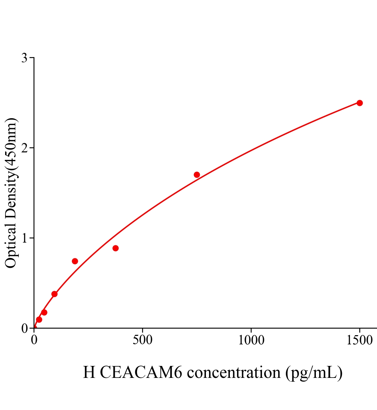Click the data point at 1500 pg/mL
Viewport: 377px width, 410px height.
coord(359,103)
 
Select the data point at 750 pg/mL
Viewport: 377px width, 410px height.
coord(197,175)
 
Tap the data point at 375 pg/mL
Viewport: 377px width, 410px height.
coord(115,248)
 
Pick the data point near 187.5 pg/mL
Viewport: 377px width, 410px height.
coord(75,261)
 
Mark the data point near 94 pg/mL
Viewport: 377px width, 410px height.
coord(54,294)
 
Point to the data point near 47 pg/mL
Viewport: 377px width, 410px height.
coord(44,312)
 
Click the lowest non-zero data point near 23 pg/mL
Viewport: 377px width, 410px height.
coord(39,319)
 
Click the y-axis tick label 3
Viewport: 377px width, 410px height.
coord(25,58)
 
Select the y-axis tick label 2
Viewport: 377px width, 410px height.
coord(25,148)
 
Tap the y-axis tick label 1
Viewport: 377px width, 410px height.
coord(25,238)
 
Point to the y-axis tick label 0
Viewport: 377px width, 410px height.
coord(25,328)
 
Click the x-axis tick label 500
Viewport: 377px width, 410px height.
coord(142,340)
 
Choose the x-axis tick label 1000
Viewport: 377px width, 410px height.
coord(251,340)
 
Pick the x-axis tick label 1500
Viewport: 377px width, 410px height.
coord(359,340)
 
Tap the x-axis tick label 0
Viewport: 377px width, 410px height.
coord(34,340)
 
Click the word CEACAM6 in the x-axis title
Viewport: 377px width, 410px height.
coord(141,372)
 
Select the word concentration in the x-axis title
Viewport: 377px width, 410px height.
coord(234,372)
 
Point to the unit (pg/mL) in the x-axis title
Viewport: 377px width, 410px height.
coord(314,372)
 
